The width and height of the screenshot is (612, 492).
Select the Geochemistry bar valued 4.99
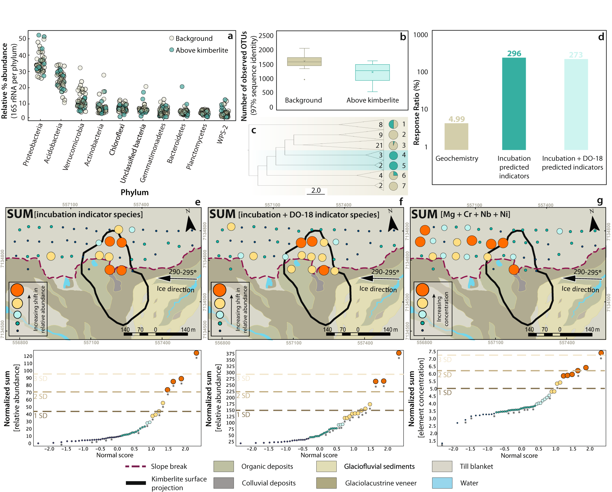(x=456, y=137)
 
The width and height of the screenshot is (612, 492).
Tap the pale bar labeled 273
(x=576, y=104)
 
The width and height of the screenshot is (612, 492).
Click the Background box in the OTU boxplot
(x=304, y=61)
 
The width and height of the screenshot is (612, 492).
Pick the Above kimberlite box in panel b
(x=372, y=73)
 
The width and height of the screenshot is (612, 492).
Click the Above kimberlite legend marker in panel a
(x=172, y=50)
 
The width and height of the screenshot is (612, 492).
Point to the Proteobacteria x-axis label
(x=33, y=145)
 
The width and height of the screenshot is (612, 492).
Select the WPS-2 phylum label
(x=223, y=134)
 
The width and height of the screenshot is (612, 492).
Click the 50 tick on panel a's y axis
(x=22, y=39)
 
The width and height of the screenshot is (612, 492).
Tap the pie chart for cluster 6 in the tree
(x=393, y=176)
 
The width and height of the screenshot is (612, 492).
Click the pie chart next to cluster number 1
(x=393, y=124)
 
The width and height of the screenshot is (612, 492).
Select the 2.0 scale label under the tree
(x=316, y=190)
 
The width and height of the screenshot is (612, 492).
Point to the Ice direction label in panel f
(x=378, y=289)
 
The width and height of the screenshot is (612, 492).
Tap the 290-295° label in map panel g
(x=587, y=272)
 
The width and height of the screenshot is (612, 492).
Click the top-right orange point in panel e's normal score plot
(x=196, y=353)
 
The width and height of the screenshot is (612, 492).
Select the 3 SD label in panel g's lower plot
(x=445, y=360)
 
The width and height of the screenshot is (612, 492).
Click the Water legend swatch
(x=442, y=483)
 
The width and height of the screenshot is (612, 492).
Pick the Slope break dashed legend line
(x=136, y=466)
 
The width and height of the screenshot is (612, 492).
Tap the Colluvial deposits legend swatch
(x=223, y=483)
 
